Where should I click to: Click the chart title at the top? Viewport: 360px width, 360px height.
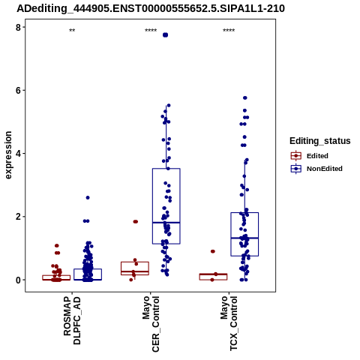(x=151, y=8)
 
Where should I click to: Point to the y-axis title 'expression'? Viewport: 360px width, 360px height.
(x=8, y=155)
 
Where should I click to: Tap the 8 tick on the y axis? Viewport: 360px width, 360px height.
(x=19, y=27)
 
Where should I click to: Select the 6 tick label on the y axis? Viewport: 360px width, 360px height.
(x=19, y=90)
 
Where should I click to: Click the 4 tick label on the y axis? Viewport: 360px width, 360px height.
(x=19, y=154)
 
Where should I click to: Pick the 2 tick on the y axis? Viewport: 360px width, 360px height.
(x=19, y=217)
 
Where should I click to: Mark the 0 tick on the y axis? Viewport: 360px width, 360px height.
(x=19, y=280)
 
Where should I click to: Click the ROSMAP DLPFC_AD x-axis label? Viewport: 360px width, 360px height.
(x=72, y=321)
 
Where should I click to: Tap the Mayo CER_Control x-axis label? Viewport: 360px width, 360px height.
(x=151, y=324)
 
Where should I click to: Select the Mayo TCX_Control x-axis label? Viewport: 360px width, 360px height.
(x=229, y=323)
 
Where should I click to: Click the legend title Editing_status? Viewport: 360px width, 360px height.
(x=319, y=141)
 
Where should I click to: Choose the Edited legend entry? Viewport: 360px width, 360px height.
(x=310, y=156)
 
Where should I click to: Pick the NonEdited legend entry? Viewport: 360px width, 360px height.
(x=316, y=169)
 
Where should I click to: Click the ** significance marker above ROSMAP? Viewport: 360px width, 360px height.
(x=72, y=31)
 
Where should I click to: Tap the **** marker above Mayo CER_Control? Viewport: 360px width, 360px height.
(x=151, y=31)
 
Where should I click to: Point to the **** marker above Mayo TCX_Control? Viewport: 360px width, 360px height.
(x=229, y=31)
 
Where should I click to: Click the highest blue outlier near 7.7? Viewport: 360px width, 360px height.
(x=165, y=35)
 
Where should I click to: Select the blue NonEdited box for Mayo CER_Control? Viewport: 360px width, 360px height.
(x=166, y=169)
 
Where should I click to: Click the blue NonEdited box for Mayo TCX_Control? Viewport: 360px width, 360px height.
(x=244, y=212)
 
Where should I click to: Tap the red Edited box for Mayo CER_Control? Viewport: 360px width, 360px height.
(x=135, y=262)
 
